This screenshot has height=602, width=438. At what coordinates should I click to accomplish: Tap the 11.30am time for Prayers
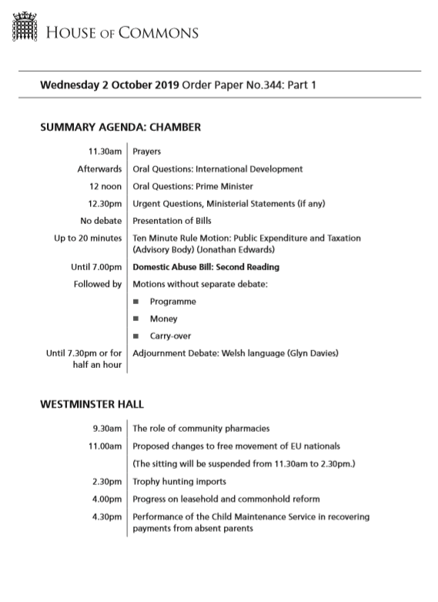coord(104,152)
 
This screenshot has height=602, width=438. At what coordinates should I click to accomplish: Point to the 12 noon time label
coord(105,186)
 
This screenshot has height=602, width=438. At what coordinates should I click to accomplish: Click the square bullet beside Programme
coord(136,302)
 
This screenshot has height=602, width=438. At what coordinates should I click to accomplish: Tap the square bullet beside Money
coord(136,319)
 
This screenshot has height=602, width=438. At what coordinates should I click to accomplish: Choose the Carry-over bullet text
coord(171,336)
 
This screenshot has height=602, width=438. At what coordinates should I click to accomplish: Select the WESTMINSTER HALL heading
coord(92,403)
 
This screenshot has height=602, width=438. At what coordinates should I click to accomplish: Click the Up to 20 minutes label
coord(88,239)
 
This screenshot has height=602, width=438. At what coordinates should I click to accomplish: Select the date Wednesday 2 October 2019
coord(109,85)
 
